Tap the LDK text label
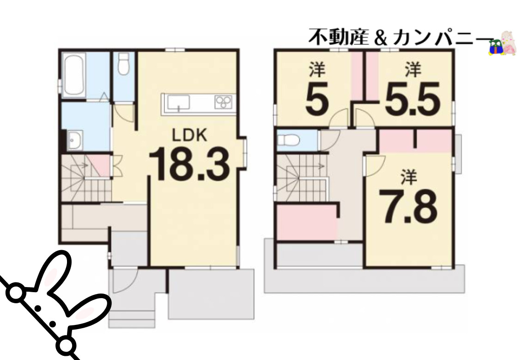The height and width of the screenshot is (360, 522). point(189,135)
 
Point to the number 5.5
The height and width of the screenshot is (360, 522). point(411,99)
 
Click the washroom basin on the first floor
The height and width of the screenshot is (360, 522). point(74,139)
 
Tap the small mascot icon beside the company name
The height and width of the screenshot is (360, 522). point(502,44)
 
